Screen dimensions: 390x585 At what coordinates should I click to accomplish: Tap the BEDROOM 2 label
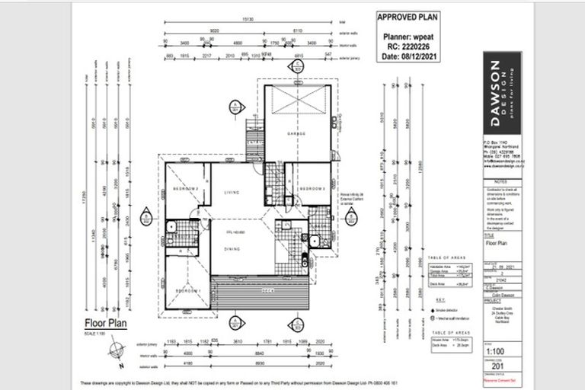(185, 188)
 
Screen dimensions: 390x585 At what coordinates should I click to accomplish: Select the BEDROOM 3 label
(312, 188)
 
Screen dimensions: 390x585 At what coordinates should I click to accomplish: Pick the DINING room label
(232, 249)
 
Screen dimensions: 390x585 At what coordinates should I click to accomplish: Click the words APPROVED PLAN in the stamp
(407, 16)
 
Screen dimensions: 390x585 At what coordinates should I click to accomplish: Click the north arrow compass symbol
(113, 350)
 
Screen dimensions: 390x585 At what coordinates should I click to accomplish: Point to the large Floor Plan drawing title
(106, 321)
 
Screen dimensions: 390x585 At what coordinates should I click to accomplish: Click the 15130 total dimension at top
(248, 22)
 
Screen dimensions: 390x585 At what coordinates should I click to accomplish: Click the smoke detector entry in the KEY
(437, 312)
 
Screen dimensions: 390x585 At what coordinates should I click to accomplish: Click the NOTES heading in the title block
(500, 182)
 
